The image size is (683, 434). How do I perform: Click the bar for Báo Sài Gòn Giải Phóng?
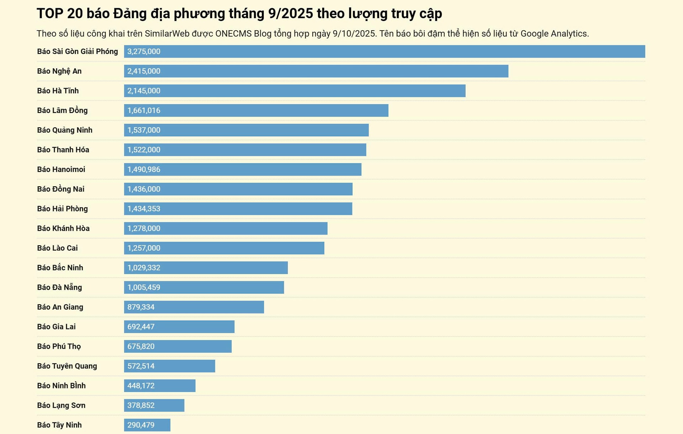coord(384,52)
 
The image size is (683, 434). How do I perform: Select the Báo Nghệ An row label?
coord(59,71)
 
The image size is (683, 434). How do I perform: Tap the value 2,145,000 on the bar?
coord(144,91)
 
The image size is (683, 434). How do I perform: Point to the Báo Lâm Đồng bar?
coord(256,111)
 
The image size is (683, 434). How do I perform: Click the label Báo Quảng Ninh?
coord(65,130)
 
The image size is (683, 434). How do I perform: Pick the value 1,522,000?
coord(144,150)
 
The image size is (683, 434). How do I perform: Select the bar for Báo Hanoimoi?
coord(243,170)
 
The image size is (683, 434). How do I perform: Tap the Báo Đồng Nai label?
coord(60,189)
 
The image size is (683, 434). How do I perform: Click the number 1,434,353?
coord(144,209)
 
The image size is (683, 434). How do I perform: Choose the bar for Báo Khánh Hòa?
coord(226,229)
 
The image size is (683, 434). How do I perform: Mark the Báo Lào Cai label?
coord(57,248)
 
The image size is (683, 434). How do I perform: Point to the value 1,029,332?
coord(144,268)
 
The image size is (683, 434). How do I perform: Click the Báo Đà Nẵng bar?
coord(204,288)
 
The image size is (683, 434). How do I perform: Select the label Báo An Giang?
coord(60,307)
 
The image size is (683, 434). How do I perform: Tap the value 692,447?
coord(141,327)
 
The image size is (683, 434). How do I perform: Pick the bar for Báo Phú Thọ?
coord(178,347)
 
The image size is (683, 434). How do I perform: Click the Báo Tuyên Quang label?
coord(67,366)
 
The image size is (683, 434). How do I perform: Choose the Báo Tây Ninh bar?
coord(147,425)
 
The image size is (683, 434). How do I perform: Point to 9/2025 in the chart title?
coord(290,14)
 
